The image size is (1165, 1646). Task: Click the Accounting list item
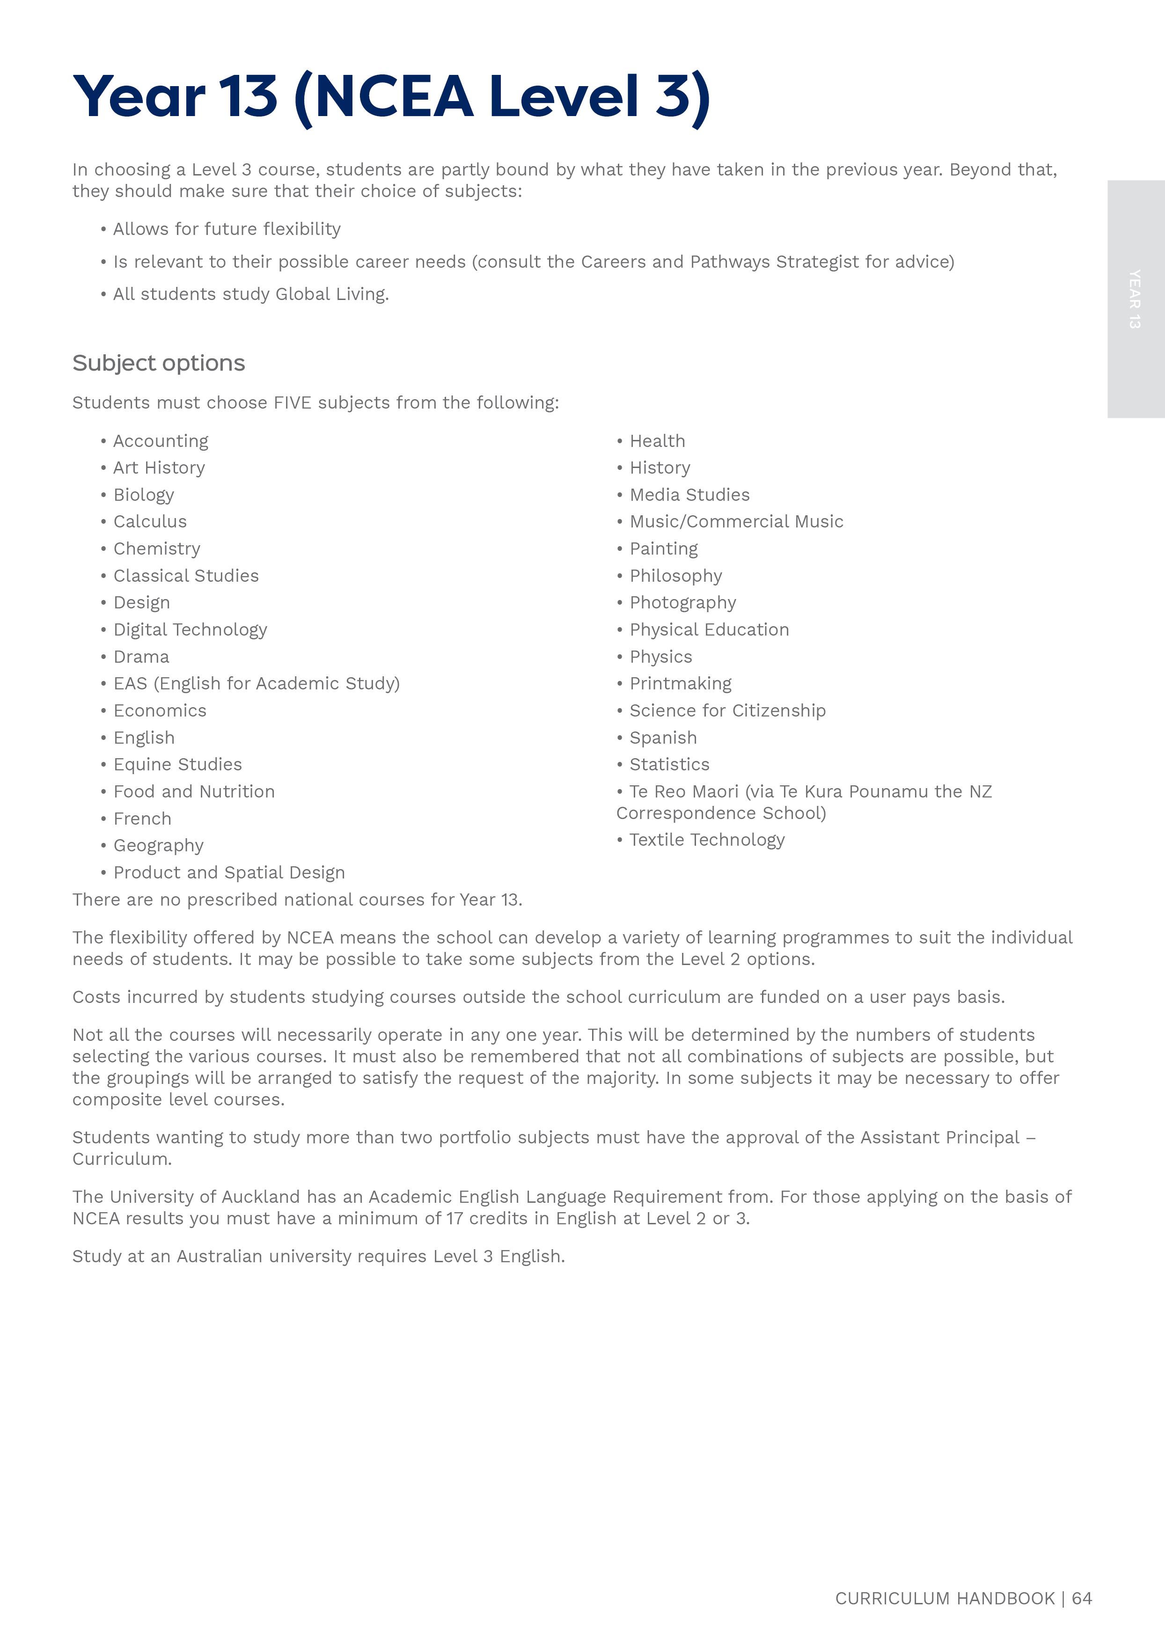point(161,441)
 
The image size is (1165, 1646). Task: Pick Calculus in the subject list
point(150,521)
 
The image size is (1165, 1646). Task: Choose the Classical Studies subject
point(186,576)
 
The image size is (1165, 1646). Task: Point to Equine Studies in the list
point(177,765)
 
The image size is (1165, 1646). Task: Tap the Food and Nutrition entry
point(194,792)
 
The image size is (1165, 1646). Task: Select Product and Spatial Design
point(229,873)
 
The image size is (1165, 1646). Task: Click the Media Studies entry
point(689,495)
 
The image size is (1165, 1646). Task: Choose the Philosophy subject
point(676,576)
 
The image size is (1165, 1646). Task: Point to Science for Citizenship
point(727,711)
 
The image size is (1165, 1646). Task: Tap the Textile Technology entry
point(707,840)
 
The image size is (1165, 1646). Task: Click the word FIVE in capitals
point(293,403)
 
